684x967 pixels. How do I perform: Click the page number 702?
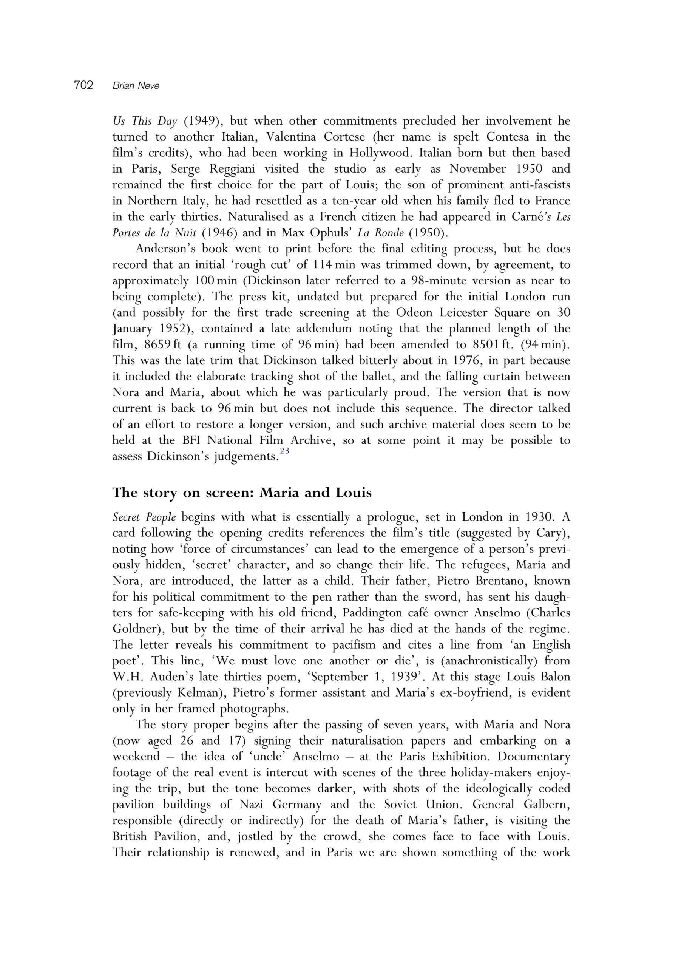coord(83,85)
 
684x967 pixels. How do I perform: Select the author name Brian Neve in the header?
coord(136,86)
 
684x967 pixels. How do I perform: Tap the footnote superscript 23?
coord(284,451)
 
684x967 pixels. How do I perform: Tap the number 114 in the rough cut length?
coord(323,265)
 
